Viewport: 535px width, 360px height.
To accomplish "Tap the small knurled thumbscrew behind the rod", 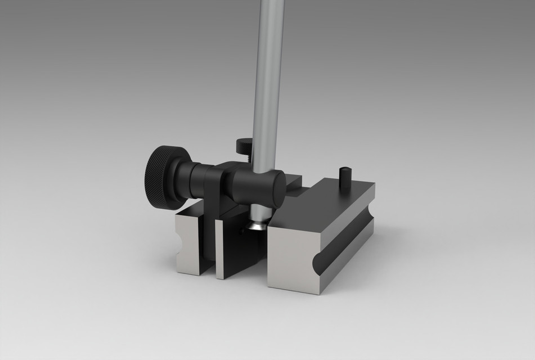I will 243,145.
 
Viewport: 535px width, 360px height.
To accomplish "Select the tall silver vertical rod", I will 268,84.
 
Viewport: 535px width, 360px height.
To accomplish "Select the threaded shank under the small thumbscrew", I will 248,157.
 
